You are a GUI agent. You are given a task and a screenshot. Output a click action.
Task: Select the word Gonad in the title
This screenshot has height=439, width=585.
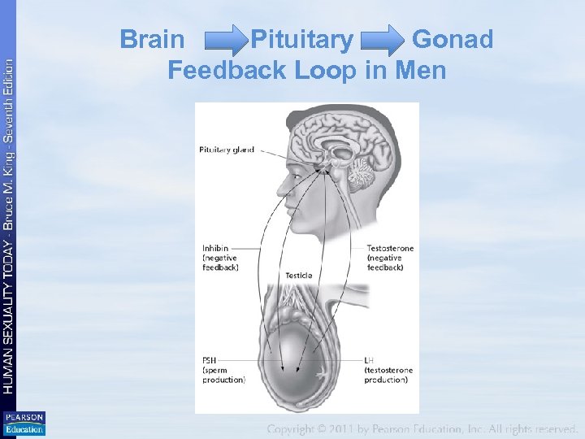[453, 39]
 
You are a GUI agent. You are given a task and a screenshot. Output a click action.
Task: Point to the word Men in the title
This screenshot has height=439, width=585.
[421, 71]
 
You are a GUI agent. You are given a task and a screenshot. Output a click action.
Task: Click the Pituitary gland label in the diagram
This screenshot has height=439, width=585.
[227, 150]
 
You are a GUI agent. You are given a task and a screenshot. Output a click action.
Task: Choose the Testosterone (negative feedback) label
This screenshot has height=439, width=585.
[390, 257]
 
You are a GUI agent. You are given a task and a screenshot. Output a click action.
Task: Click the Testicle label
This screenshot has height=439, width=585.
[298, 276]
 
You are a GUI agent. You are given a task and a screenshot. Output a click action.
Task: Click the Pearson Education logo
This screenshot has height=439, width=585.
[24, 424]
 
